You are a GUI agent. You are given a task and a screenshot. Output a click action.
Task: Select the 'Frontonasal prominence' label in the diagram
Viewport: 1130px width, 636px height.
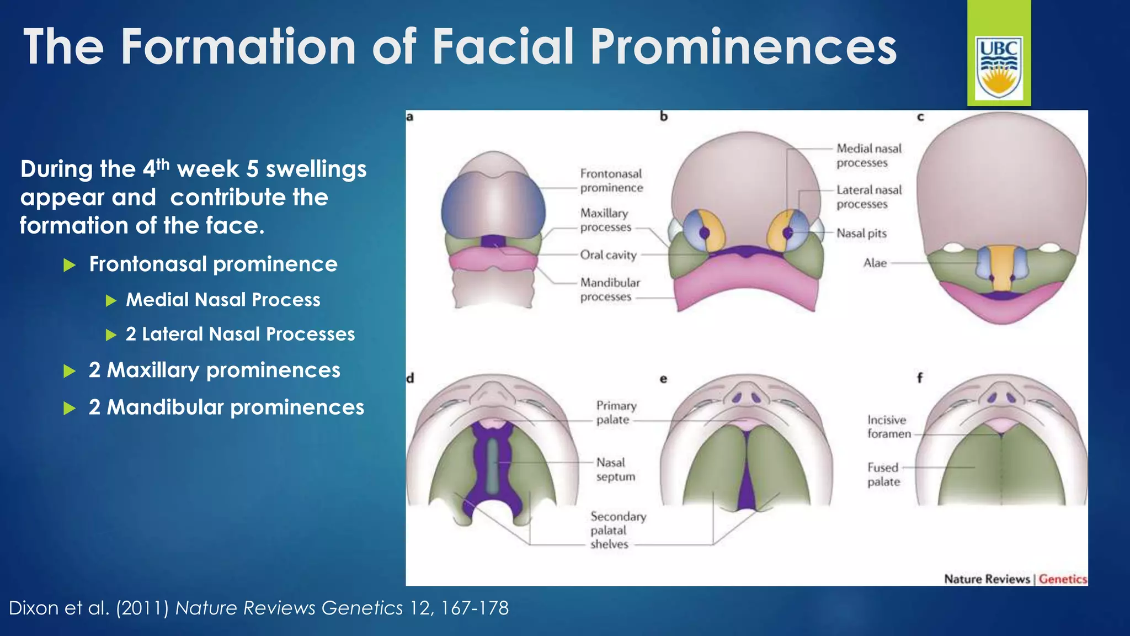611,181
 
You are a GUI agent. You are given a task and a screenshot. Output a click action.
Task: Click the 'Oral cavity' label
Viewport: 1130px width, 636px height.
608,255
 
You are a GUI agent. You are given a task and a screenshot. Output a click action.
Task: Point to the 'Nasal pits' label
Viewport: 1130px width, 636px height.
861,234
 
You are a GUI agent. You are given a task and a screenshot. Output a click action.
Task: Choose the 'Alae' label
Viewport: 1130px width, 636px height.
875,263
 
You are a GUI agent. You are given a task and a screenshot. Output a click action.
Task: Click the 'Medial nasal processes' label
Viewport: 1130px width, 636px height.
869,155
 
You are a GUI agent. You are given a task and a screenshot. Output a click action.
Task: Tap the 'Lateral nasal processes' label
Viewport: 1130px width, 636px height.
869,197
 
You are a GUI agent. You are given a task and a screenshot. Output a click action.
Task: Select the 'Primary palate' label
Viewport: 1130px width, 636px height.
616,412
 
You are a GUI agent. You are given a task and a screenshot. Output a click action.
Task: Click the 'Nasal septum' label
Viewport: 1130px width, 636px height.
615,469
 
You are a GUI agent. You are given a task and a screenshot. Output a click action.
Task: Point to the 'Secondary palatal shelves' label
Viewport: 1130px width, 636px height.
617,530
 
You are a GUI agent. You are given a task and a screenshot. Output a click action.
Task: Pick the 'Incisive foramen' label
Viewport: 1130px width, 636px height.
888,427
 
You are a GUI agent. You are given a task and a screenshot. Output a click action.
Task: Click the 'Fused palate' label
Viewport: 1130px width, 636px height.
883,474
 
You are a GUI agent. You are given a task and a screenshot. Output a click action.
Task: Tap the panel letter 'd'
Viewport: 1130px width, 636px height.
410,378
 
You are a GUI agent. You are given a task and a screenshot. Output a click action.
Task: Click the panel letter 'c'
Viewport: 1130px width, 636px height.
920,117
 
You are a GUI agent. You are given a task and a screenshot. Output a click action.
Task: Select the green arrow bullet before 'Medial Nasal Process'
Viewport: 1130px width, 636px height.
111,300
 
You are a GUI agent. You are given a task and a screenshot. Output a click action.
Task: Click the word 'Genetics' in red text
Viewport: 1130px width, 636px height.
1062,579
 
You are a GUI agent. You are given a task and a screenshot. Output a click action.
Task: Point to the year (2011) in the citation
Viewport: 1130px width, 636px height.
142,608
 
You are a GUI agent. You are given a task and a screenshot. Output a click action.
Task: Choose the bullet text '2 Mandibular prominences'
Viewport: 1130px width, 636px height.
226,407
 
